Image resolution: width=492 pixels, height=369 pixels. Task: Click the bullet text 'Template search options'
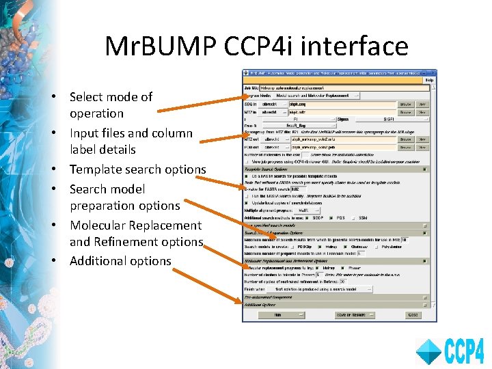(x=137, y=169)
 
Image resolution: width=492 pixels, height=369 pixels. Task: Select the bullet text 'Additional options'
(x=120, y=260)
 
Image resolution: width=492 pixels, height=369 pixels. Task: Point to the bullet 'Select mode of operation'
(x=110, y=105)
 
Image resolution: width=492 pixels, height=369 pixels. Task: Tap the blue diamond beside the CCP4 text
(x=429, y=351)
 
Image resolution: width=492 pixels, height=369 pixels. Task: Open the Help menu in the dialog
(x=429, y=80)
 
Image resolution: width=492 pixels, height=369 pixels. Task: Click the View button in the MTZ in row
(x=422, y=111)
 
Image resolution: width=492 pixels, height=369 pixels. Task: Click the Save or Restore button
(x=347, y=315)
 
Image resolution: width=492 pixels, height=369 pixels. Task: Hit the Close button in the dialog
(x=412, y=315)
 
